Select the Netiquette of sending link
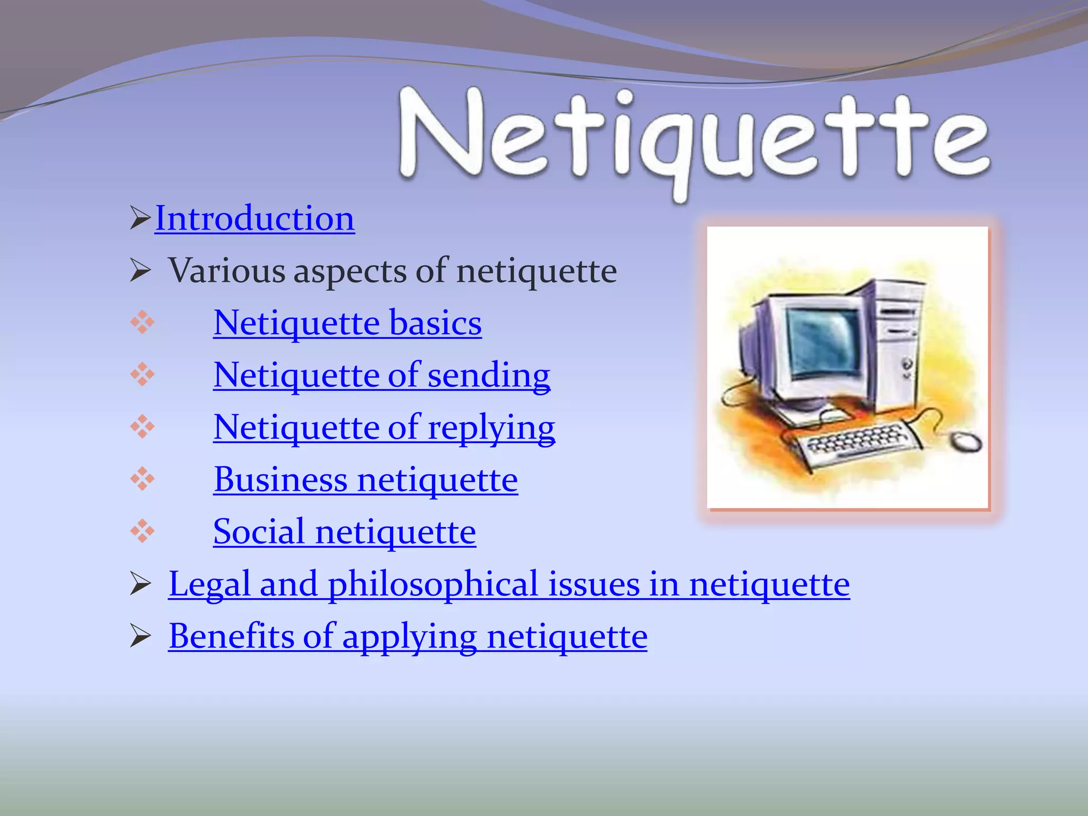tap(381, 375)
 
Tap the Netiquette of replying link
tap(384, 427)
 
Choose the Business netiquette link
tap(365, 479)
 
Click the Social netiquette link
tap(344, 531)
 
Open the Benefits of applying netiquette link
tap(407, 636)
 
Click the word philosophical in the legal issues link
tap(433, 584)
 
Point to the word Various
tap(227, 270)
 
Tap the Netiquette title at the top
tap(694, 138)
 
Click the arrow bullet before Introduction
tap(140, 218)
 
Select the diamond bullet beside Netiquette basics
tap(142, 322)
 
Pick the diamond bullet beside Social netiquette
tap(142, 531)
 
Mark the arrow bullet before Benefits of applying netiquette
tap(141, 636)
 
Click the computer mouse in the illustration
tap(966, 441)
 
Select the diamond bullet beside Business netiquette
tap(142, 479)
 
